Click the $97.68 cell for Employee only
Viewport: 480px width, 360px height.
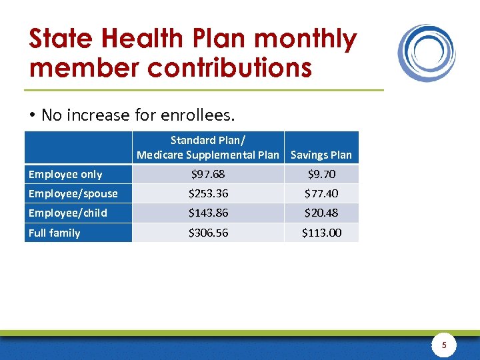point(207,174)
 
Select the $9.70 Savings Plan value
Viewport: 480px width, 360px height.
point(321,174)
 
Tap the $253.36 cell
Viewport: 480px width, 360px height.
point(207,194)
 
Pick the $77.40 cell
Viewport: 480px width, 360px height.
point(321,194)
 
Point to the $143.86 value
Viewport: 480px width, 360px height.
point(207,213)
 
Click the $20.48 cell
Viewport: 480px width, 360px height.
point(321,213)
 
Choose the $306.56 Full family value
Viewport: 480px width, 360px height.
point(207,233)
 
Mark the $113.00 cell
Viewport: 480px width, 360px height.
point(321,233)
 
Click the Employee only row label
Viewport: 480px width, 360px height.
point(65,175)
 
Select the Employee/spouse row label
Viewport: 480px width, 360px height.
point(73,194)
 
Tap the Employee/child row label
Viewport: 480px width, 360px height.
point(67,213)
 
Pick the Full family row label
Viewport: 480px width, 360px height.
point(54,233)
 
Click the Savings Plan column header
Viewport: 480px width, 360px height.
point(321,155)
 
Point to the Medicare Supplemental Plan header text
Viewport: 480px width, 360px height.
point(207,155)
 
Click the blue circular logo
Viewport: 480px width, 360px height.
point(427,53)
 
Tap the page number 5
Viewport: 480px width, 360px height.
point(445,345)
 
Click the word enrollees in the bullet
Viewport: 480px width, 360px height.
point(199,115)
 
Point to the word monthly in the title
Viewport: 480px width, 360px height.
point(305,39)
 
